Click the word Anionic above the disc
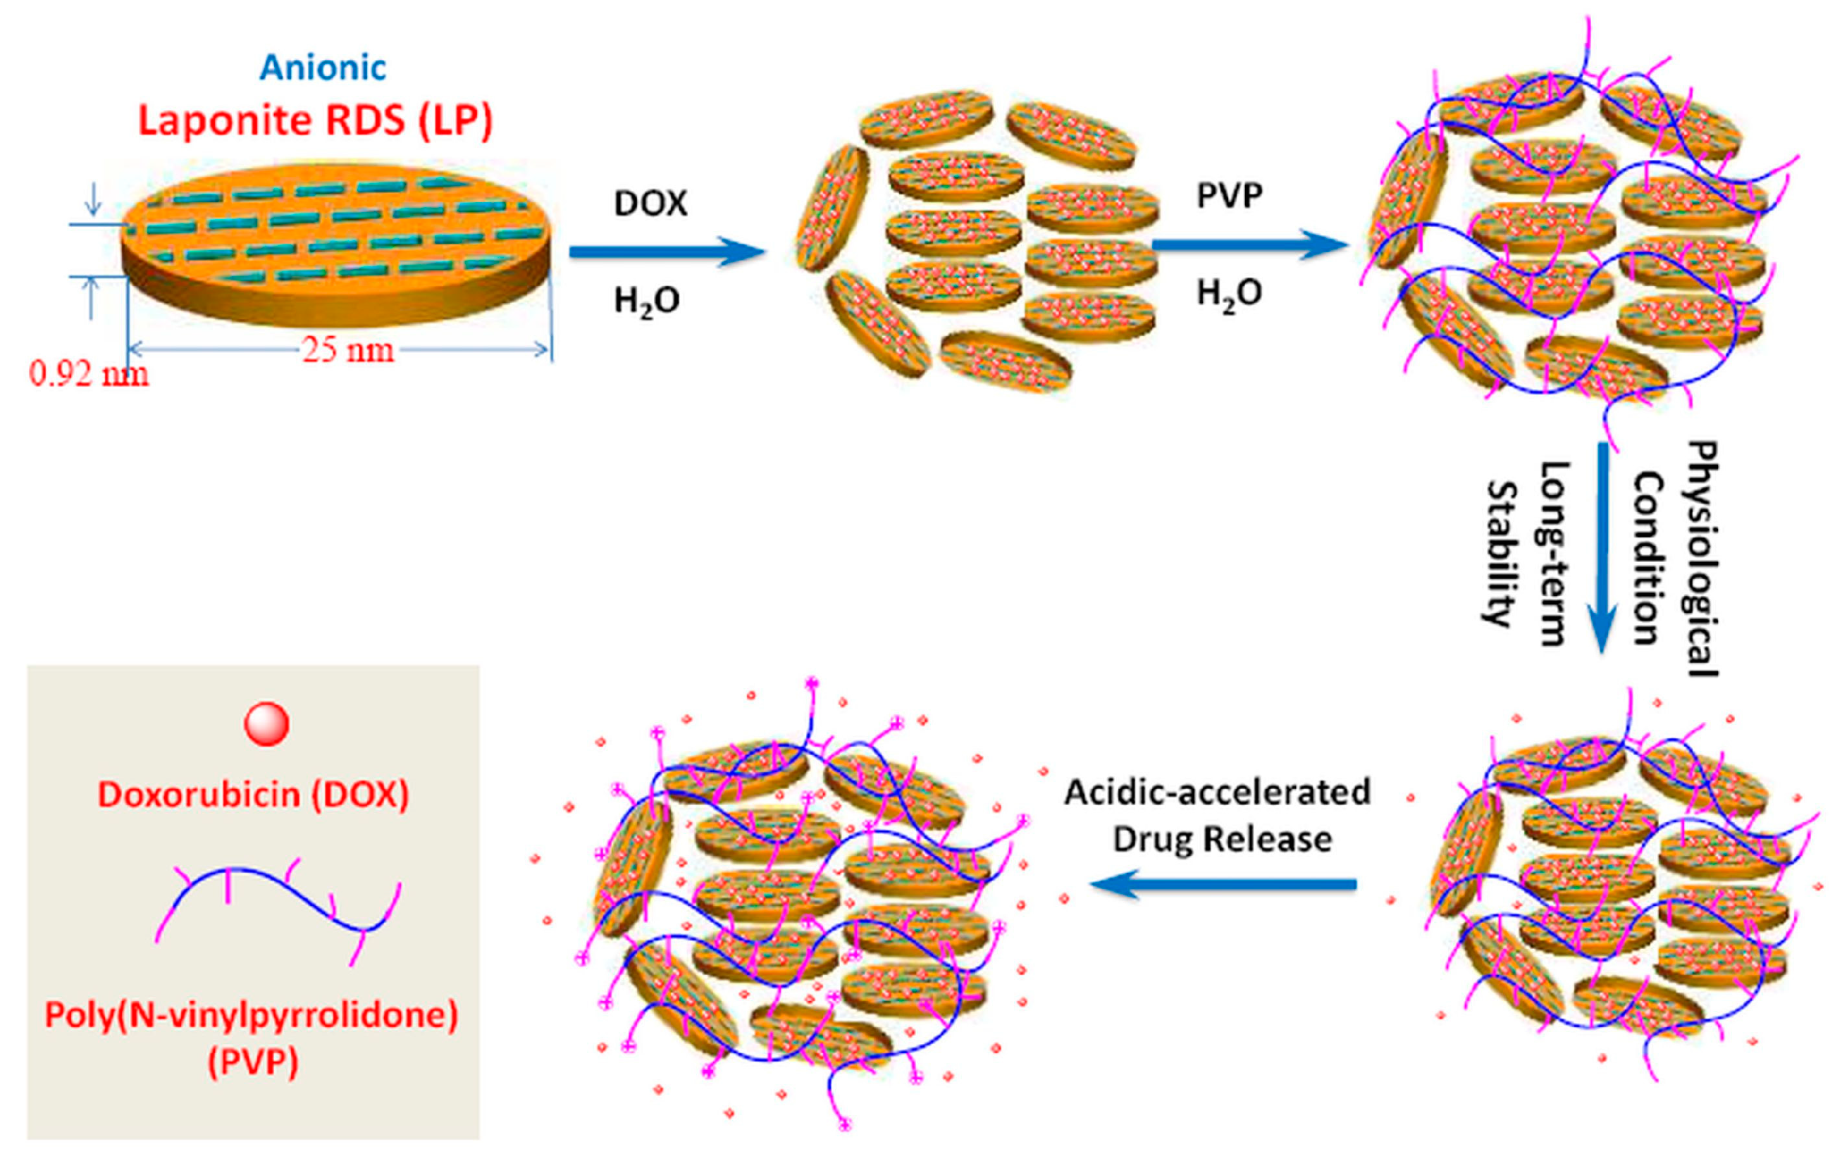[323, 68]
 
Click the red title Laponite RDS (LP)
[315, 120]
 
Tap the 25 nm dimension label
[348, 350]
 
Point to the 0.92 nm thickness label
[89, 374]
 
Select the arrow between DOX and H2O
[665, 251]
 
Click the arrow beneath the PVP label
[1249, 244]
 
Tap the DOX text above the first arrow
[650, 204]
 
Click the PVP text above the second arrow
[1229, 196]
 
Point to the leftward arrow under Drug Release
[1223, 885]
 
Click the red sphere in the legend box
[267, 723]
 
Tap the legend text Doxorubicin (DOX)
[253, 795]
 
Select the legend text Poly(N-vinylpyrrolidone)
[252, 1015]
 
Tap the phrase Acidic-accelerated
[1217, 792]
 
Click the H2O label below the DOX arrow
[647, 301]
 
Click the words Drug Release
[1222, 839]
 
